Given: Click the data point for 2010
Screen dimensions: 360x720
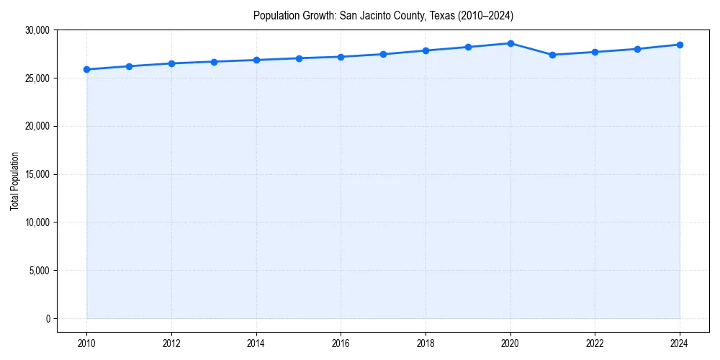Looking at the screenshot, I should [x=86, y=69].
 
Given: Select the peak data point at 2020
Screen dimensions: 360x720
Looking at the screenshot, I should [x=510, y=43].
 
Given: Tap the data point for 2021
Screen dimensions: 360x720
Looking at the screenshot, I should [x=552, y=55].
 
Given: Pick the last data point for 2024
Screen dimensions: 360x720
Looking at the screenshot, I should [x=680, y=45].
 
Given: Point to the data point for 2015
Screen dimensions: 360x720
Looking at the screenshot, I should [x=299, y=58].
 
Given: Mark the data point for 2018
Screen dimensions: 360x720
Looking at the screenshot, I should [x=426, y=50].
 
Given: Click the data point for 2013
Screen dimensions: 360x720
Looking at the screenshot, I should [x=214, y=62].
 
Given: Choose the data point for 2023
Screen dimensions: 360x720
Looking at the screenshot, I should [x=637, y=49].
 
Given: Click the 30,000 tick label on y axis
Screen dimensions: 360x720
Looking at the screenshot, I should [x=36, y=30].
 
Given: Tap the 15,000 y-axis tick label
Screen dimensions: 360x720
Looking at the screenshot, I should [x=36, y=174].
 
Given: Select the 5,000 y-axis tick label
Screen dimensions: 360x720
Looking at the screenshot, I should [x=38, y=271].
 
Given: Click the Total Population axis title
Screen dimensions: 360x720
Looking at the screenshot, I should [x=14, y=181].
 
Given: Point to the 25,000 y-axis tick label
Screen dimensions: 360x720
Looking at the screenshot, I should [x=36, y=78].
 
